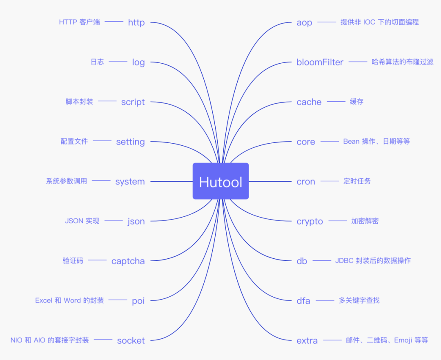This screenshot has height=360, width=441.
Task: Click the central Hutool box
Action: coord(220,181)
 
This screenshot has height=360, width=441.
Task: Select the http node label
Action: coord(136,22)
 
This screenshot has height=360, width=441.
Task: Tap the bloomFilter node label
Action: coord(320,62)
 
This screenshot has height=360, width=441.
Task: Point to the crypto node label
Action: coord(310,221)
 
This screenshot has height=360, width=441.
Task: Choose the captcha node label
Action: coord(128,261)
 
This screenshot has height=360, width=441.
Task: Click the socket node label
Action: coord(131,340)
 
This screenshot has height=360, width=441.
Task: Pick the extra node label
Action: coord(307,340)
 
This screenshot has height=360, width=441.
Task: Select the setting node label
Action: coord(130,142)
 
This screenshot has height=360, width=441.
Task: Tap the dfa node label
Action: coord(303,301)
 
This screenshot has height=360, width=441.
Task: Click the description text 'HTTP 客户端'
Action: coord(79,22)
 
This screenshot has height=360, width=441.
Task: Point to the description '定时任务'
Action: coord(357,181)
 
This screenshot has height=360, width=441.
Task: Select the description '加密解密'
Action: coord(365,221)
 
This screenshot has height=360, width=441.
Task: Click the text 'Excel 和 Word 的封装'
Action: coord(69,300)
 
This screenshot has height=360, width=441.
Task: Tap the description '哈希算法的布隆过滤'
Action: coord(402,62)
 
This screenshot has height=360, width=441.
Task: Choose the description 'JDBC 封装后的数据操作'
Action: coord(373,260)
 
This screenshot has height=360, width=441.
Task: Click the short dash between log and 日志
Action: coord(118,62)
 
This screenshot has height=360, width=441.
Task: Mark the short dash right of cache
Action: coord(336,102)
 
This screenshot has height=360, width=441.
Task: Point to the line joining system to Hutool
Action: coord(171,181)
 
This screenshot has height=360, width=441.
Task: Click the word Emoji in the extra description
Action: coord(403,340)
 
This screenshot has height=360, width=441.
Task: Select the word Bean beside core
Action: coord(351,141)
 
